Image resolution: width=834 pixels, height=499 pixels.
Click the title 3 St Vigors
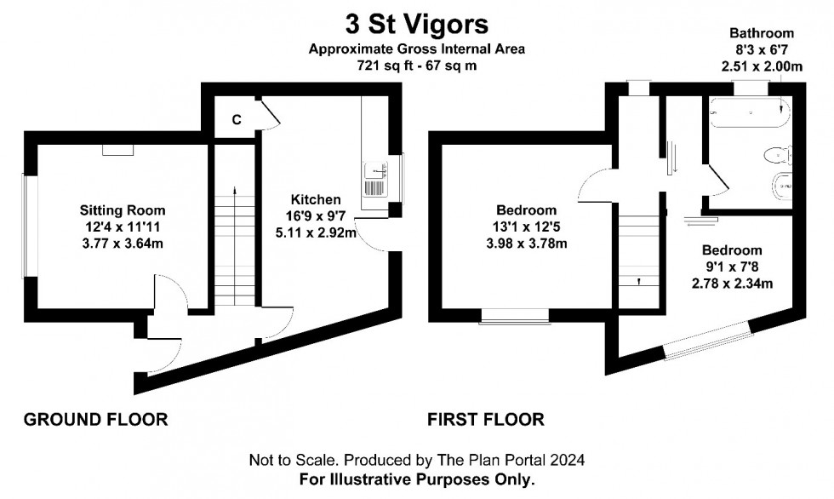tap(416, 24)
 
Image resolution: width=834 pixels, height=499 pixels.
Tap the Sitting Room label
tap(123, 210)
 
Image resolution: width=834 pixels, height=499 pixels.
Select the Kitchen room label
tap(316, 199)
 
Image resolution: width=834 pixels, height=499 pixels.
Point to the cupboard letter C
tap(237, 120)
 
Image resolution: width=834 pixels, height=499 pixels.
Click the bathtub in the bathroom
tap(750, 112)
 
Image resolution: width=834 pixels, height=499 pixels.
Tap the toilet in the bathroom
tap(778, 155)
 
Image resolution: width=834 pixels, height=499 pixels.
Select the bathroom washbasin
tap(782, 186)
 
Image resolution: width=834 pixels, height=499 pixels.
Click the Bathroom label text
tap(762, 33)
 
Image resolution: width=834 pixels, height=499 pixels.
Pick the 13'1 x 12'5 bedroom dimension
tap(526, 227)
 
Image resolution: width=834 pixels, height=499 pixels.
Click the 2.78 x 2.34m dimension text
tap(732, 284)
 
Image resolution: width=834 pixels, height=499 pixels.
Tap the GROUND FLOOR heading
tap(95, 419)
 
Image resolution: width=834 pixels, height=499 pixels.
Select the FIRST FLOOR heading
tap(486, 419)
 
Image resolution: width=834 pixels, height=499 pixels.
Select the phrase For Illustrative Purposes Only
tap(417, 479)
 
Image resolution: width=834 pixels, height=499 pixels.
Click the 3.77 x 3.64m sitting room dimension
tap(123, 244)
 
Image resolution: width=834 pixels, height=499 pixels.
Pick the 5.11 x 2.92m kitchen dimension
tap(316, 233)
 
